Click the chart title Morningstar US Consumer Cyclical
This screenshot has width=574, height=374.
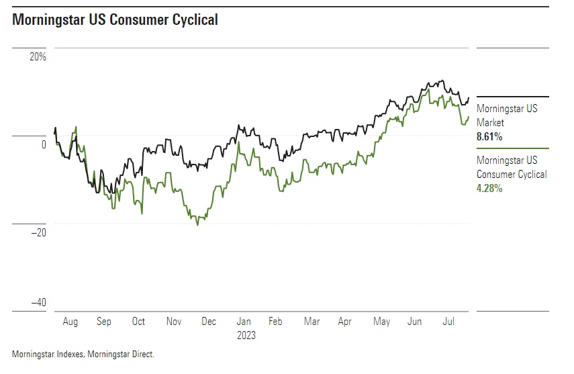coord(115,20)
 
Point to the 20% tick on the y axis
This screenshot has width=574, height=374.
coord(37,57)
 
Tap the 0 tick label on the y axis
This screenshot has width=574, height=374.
coord(43,144)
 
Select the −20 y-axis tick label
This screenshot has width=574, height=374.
coord(38,232)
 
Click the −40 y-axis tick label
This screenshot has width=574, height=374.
coord(38,303)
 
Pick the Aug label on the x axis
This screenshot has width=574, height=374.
coord(70,322)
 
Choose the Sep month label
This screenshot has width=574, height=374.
coord(104,322)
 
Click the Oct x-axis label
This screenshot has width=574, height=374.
coord(139,322)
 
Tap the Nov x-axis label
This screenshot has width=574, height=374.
coord(174,322)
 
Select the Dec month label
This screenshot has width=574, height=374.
coord(209,322)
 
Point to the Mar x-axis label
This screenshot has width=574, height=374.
coord(312,322)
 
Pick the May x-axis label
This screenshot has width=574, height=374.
coord(381,322)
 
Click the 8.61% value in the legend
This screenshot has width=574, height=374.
coord(489,137)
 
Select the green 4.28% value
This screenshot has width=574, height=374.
coord(489,189)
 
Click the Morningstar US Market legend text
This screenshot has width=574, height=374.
coord(507,115)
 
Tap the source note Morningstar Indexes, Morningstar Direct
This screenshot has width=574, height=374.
coord(83,353)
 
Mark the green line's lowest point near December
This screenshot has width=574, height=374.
coord(197,225)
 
